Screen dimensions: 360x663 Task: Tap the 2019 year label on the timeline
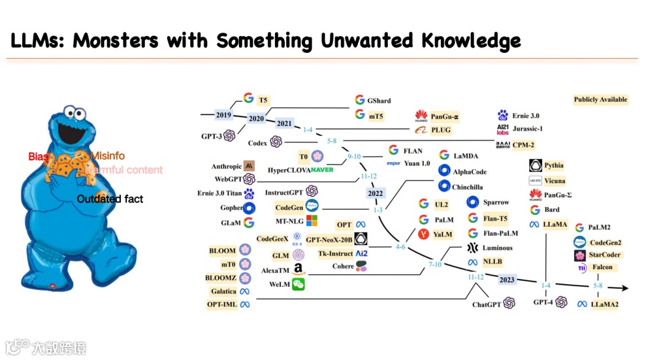click(223, 114)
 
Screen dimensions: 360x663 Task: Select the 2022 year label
click(374, 193)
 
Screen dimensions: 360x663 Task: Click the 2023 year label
click(507, 280)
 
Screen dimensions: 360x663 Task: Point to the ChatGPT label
click(487, 304)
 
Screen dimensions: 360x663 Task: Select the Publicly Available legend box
click(600, 100)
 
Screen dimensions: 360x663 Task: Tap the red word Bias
click(38, 157)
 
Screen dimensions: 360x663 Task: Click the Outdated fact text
click(110, 198)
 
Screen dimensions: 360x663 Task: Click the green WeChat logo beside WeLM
click(298, 284)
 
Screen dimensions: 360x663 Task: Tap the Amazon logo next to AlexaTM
click(298, 269)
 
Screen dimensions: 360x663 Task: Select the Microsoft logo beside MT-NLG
click(312, 221)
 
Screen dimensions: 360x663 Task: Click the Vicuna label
click(554, 181)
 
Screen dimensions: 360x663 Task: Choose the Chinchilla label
click(467, 186)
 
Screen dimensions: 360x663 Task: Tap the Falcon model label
click(602, 268)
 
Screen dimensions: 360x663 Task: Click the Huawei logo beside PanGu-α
click(421, 115)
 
